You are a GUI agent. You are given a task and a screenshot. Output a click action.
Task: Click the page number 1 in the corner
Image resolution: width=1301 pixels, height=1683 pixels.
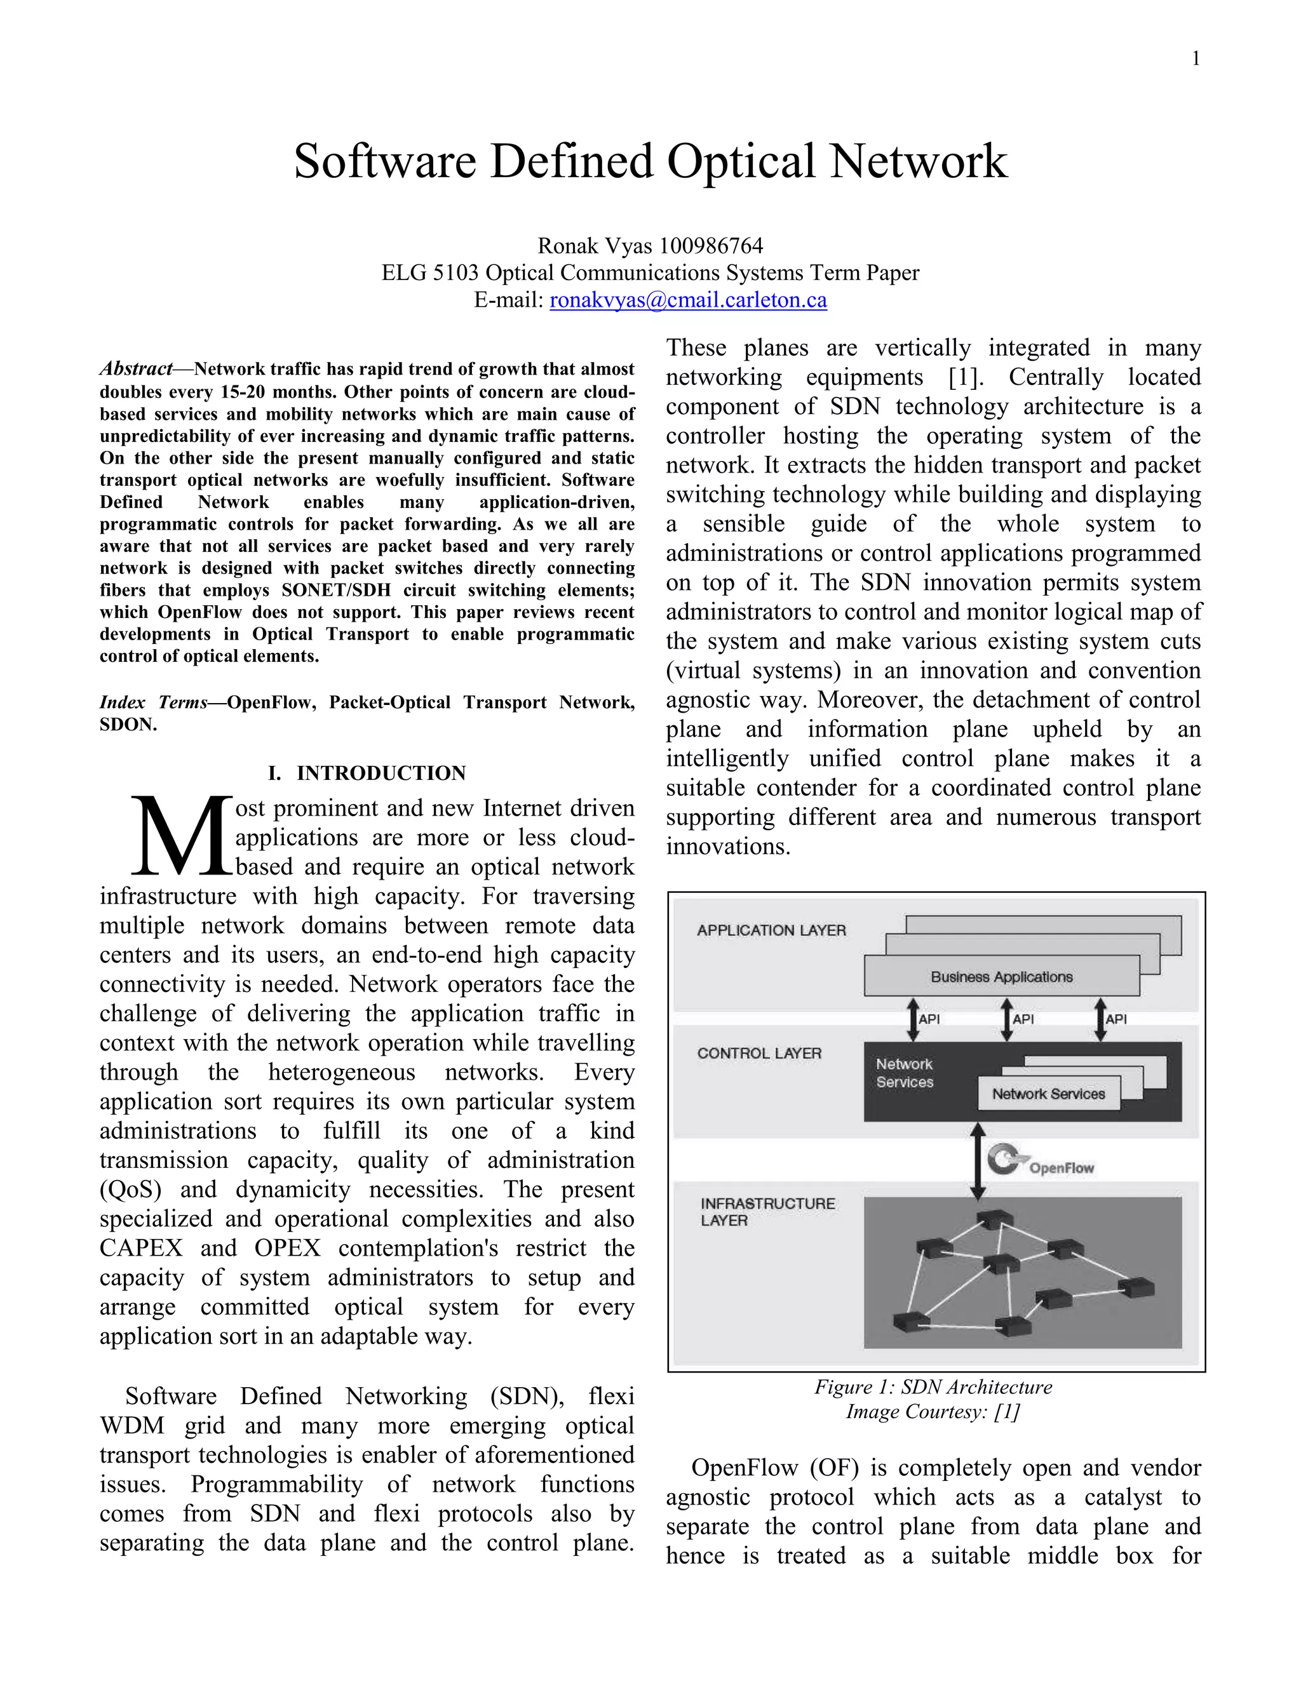(1196, 59)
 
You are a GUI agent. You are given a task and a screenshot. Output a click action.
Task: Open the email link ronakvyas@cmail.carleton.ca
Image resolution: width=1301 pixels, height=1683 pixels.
(687, 300)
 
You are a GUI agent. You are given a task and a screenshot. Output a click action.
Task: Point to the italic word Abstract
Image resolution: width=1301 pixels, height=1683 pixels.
(136, 369)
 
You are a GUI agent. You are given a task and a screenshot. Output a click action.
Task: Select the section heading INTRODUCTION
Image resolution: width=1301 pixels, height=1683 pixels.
(381, 773)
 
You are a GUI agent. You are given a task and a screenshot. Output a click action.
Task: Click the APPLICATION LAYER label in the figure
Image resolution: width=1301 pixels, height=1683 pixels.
(771, 930)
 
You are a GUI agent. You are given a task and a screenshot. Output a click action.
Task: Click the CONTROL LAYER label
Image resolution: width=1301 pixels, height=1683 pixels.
(759, 1054)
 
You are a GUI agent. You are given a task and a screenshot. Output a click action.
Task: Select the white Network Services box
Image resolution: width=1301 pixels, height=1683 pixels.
(1048, 1094)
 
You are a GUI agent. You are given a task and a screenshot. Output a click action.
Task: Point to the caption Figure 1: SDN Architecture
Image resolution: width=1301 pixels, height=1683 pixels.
(933, 1387)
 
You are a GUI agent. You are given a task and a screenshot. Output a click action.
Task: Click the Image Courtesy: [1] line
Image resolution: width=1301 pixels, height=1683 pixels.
(933, 1412)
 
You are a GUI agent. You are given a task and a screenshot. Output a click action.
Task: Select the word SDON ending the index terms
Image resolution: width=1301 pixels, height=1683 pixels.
(126, 725)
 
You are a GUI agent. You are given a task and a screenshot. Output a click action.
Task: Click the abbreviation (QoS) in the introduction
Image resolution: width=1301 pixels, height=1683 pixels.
(130, 1189)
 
